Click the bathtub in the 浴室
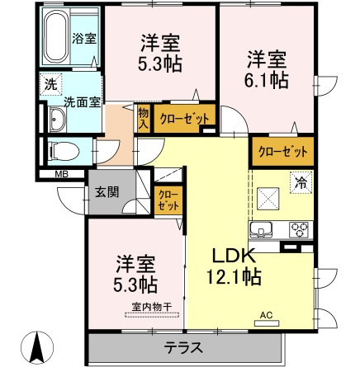tap(56, 37)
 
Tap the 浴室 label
tap(84, 39)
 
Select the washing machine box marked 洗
tap(50, 84)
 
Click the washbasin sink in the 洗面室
tap(57, 120)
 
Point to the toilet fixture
tap(64, 151)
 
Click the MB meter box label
tap(62, 174)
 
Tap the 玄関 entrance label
tap(107, 192)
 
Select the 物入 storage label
tap(144, 118)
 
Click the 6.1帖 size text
tap(267, 80)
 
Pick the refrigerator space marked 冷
tap(301, 182)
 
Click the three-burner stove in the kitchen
tap(300, 229)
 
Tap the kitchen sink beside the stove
tap(261, 230)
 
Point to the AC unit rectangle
tap(267, 323)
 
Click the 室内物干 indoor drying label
tap(152, 307)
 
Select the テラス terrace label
tap(183, 348)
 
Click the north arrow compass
tap(37, 347)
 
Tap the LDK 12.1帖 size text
tap(234, 267)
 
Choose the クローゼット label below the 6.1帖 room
tap(282, 152)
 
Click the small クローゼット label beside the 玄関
tap(168, 200)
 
